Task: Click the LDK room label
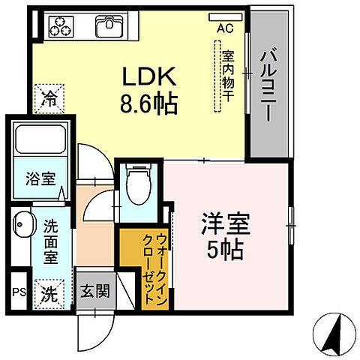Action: pyautogui.click(x=148, y=77)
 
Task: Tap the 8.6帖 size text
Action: pyautogui.click(x=148, y=103)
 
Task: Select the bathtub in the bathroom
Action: pyautogui.click(x=42, y=142)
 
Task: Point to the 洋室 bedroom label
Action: pyautogui.click(x=224, y=224)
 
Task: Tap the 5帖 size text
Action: pyautogui.click(x=224, y=250)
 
